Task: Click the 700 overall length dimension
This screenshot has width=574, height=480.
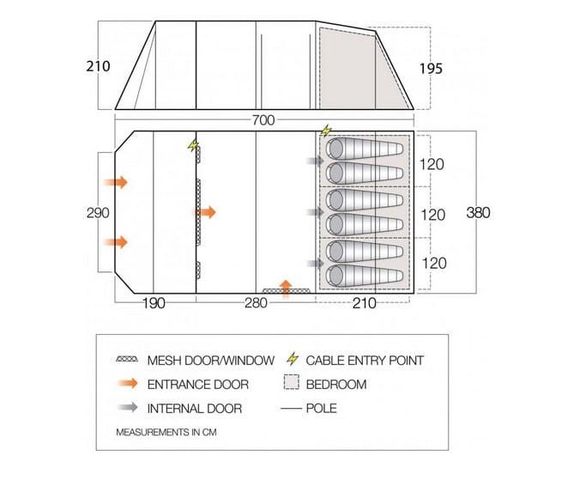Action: point(263,120)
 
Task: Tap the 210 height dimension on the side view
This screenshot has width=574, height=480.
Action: point(98,66)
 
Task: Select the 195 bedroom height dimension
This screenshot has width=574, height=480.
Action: point(431,69)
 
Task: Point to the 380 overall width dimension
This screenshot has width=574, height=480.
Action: point(478,212)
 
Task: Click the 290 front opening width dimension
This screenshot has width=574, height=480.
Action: point(98,213)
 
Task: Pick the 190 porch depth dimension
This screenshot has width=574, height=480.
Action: point(154,303)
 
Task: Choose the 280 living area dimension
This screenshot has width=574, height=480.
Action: point(256,303)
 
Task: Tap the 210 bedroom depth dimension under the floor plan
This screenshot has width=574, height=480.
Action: point(365,303)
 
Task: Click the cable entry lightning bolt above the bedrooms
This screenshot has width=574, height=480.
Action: point(326,131)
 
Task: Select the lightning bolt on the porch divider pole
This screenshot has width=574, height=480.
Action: point(192,145)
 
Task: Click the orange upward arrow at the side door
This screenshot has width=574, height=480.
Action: point(286,287)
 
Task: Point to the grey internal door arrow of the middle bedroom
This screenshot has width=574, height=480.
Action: point(315,212)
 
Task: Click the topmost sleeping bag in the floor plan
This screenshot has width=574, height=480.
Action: point(365,149)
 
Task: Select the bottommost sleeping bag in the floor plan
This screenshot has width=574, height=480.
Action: point(365,276)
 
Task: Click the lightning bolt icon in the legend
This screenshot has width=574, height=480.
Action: point(293,359)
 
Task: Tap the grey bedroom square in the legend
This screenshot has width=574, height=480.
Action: point(292,382)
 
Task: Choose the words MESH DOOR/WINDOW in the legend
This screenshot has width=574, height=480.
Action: point(211,361)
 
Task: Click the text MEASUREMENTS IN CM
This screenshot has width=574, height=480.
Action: point(166,433)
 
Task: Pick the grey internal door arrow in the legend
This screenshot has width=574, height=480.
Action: point(127,407)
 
